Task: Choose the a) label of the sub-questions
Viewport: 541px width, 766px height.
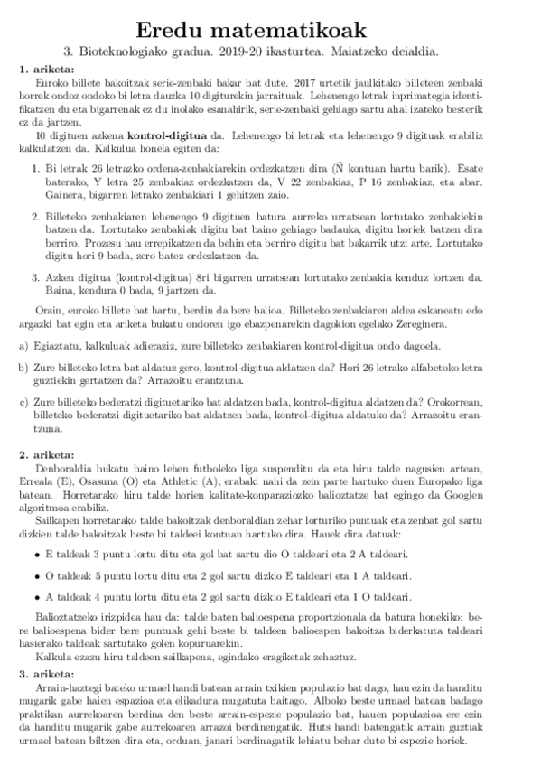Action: click(x=23, y=346)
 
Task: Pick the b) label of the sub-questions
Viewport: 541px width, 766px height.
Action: click(x=23, y=368)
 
